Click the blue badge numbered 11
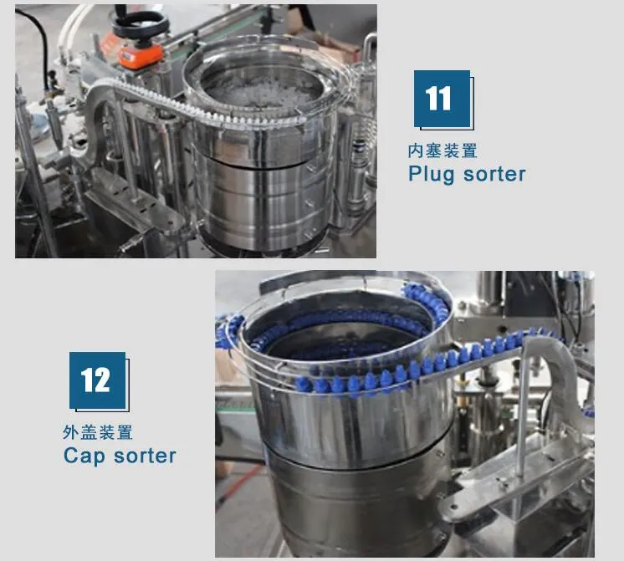click(442, 99)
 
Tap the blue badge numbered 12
click(98, 380)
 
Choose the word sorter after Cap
click(145, 456)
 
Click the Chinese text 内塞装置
click(442, 150)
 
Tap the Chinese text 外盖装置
click(98, 432)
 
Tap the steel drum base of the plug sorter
click(264, 199)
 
